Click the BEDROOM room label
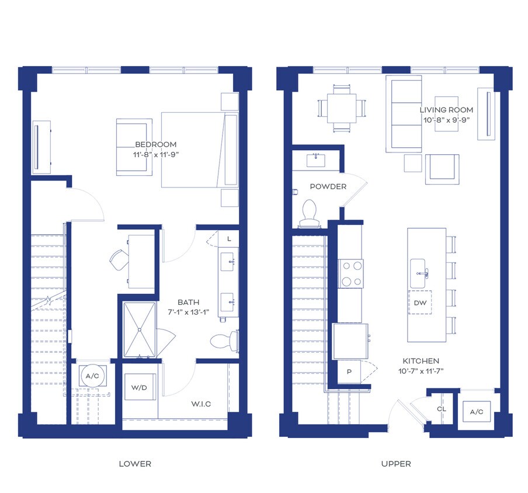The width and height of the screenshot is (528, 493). (x=155, y=144)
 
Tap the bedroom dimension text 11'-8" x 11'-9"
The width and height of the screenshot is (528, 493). (x=155, y=155)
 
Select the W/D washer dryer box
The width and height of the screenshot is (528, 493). (x=139, y=387)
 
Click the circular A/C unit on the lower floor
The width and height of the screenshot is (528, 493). (x=92, y=376)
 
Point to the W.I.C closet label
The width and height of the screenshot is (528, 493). (x=201, y=404)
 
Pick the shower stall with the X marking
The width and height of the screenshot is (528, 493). (x=140, y=329)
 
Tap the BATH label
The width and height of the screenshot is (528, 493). (x=188, y=302)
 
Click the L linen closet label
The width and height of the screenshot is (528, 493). (x=229, y=239)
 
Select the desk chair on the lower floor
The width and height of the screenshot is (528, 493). (x=119, y=259)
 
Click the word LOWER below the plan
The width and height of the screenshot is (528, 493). (x=135, y=464)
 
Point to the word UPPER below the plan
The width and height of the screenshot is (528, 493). (x=396, y=464)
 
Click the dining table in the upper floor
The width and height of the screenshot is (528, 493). (x=342, y=109)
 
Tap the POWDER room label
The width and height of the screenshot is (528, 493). (x=328, y=186)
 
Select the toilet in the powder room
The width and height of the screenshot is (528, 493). (x=309, y=213)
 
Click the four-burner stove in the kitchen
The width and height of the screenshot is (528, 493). (x=351, y=273)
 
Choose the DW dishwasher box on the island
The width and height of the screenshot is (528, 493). (x=420, y=303)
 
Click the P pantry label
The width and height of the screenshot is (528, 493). (x=349, y=372)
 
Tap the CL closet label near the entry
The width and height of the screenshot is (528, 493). (x=442, y=409)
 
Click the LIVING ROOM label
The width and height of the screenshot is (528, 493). (x=446, y=110)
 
